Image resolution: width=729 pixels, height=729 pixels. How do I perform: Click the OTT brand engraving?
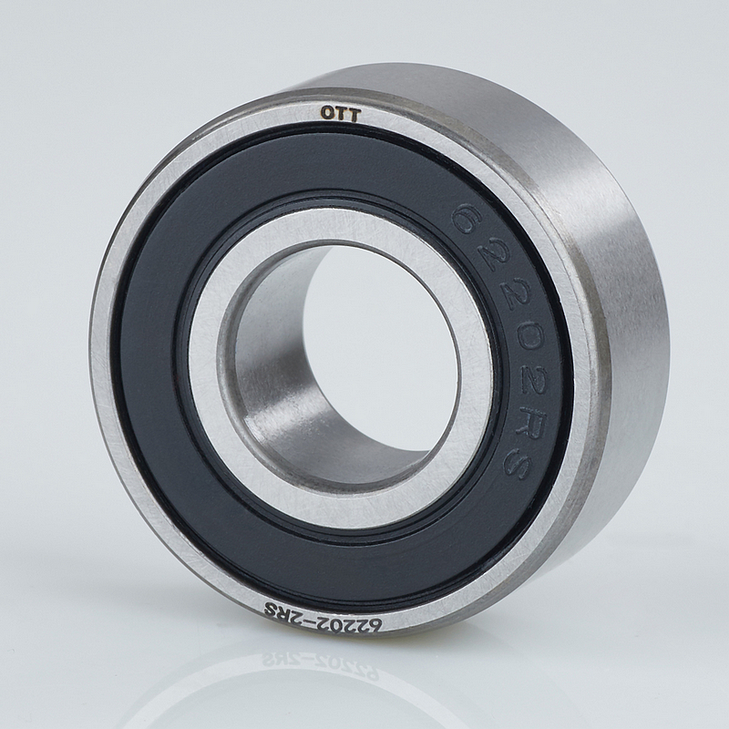tap(340, 113)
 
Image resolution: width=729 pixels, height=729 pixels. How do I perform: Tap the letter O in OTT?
tap(327, 112)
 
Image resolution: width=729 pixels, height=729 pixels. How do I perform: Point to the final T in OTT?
tap(354, 116)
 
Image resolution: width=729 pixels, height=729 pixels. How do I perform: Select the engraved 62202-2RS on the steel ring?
tap(323, 617)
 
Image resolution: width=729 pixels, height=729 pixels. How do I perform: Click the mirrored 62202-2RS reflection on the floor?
tap(321, 666)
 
